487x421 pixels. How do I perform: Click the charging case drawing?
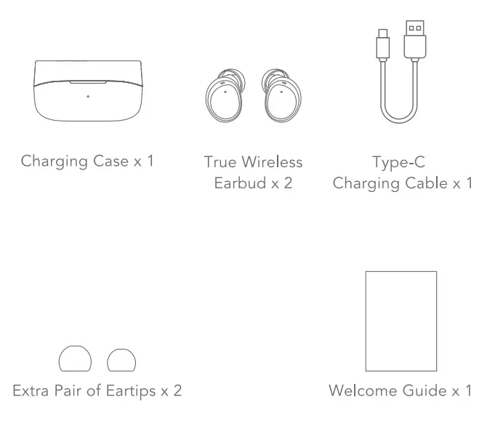pyautogui.click(x=88, y=92)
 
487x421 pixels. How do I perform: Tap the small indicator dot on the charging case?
pyautogui.click(x=88, y=96)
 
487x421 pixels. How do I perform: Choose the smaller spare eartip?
pyautogui.click(x=120, y=360)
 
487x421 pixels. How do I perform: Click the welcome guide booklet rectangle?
pyautogui.click(x=401, y=321)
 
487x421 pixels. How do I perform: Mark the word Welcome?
pyautogui.click(x=358, y=391)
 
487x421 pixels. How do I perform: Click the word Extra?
pyautogui.click(x=30, y=391)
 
